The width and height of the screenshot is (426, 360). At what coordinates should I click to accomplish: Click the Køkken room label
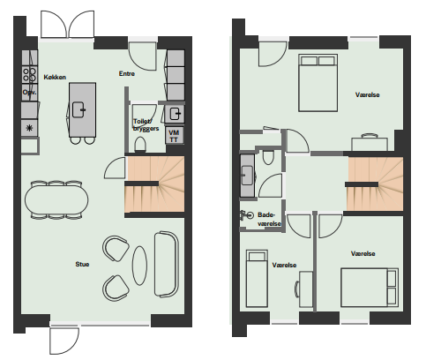55,77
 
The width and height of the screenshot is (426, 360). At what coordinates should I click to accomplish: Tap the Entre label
127,73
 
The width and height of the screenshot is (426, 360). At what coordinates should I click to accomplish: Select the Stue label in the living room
82,264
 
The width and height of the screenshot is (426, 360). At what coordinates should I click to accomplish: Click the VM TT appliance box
174,136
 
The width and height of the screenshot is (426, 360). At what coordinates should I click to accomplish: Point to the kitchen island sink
78,109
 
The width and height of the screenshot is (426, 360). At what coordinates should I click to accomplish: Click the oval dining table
56,199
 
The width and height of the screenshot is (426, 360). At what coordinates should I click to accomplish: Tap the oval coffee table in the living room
139,266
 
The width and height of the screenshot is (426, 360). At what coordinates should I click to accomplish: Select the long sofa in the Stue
167,264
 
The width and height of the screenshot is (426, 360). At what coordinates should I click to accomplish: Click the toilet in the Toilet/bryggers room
140,145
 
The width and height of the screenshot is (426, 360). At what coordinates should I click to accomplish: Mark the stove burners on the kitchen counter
29,75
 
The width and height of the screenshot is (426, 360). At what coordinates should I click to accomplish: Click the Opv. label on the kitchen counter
29,93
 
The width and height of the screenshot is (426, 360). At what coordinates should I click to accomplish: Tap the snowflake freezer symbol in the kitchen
29,128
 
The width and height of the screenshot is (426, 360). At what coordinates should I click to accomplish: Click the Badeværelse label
269,219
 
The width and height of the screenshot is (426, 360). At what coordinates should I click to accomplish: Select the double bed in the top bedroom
318,83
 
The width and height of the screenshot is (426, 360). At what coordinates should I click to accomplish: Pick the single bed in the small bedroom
257,278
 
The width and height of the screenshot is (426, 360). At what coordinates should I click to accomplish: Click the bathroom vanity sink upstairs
247,176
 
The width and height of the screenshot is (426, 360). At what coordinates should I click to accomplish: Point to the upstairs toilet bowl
268,157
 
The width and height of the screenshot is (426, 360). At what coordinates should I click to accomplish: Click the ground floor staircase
155,184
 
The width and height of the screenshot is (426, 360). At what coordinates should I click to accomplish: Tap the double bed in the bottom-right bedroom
370,287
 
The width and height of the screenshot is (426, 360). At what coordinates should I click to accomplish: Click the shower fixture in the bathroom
246,215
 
